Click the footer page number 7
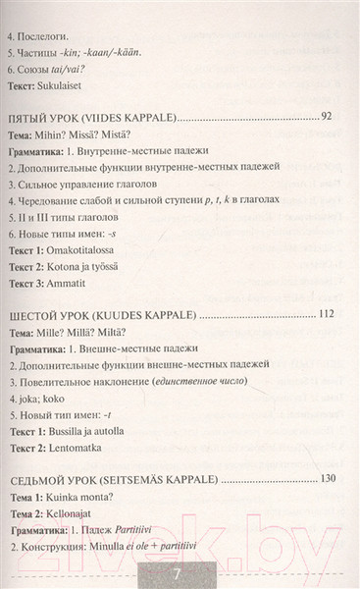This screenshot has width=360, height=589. [180, 574]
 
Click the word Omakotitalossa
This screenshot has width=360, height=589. [116, 255]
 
